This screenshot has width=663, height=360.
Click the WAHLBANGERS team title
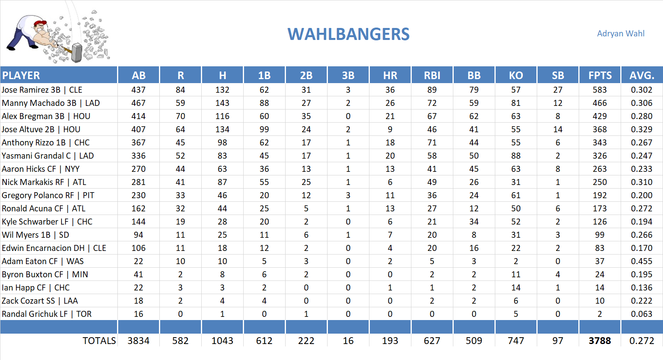click(x=348, y=34)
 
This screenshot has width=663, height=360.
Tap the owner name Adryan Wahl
click(x=620, y=34)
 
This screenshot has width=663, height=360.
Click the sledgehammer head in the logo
click(x=77, y=53)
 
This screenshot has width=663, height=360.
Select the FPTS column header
click(x=599, y=75)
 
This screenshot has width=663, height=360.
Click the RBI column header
click(x=432, y=75)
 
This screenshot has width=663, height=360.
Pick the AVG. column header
click(x=641, y=75)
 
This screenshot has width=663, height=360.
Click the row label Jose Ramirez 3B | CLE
click(x=42, y=90)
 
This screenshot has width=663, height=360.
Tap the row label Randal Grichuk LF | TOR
click(x=47, y=314)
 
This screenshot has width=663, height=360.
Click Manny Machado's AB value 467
click(x=138, y=103)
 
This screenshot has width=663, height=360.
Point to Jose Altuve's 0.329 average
click(x=641, y=129)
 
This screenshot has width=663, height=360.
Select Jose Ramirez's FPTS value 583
click(x=599, y=90)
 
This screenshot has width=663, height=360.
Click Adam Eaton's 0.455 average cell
click(x=641, y=261)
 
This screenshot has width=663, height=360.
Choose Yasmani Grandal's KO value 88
click(x=516, y=156)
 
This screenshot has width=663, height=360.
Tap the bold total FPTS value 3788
click(x=599, y=341)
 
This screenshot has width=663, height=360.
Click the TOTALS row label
click(x=99, y=341)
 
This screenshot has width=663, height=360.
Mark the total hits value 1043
click(x=222, y=341)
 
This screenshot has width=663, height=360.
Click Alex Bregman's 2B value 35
click(x=306, y=116)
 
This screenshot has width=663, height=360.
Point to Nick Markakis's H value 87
click(x=222, y=182)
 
